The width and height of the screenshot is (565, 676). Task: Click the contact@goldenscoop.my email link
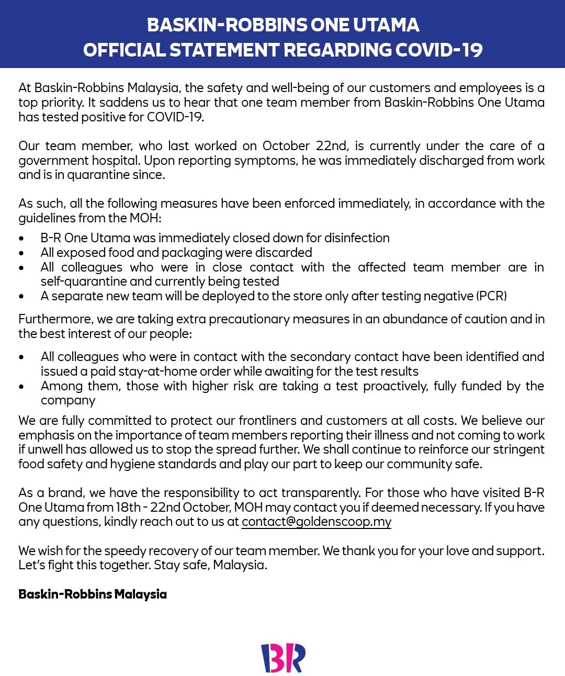tap(316, 522)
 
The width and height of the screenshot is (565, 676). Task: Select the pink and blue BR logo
tap(282, 658)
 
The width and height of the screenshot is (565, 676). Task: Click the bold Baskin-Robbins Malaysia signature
tap(93, 594)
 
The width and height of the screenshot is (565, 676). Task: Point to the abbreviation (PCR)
tap(491, 296)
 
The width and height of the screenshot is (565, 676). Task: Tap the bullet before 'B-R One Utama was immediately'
tap(21, 239)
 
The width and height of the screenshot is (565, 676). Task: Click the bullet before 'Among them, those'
tap(21, 387)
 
